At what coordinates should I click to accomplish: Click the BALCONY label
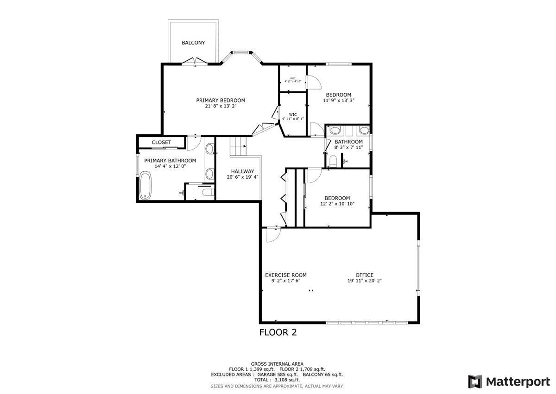[193, 43]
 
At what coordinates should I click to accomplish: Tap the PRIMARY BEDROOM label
[221, 100]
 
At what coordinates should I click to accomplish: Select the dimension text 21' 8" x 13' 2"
[221, 106]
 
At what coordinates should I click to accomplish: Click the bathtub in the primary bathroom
[145, 185]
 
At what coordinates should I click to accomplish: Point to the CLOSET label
[161, 142]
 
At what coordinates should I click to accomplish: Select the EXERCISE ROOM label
[285, 275]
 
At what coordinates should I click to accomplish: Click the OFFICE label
[364, 275]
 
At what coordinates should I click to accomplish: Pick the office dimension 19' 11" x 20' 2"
[364, 281]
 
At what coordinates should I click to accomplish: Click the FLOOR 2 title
[278, 332]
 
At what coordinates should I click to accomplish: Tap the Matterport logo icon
[475, 381]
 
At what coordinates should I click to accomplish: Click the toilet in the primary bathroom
[208, 192]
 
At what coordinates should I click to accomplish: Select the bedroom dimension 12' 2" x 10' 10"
[337, 204]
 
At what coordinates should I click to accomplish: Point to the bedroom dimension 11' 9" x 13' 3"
[338, 101]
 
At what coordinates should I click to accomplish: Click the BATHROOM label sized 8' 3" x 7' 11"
[348, 142]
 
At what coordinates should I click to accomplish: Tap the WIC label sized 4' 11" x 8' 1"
[293, 114]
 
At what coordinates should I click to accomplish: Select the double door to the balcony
[194, 61]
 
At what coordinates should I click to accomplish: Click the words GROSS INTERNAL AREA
[277, 364]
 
